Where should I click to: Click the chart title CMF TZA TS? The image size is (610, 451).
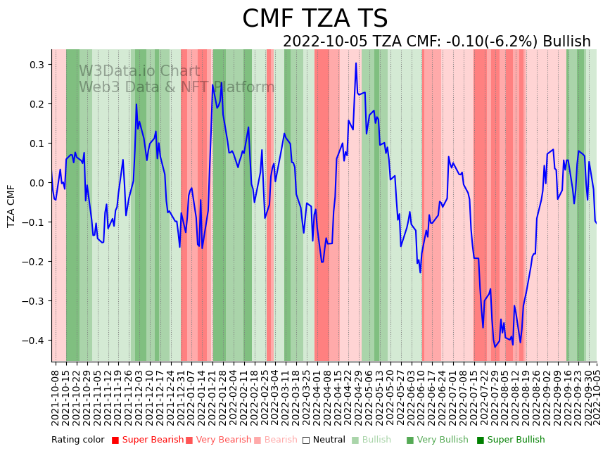click(x=314, y=19)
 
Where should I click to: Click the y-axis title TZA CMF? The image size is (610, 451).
click(x=11, y=205)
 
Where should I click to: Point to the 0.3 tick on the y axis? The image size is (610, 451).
click(x=36, y=65)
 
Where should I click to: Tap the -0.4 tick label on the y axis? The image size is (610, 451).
click(x=34, y=341)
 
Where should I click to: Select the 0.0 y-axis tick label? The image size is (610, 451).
click(x=36, y=183)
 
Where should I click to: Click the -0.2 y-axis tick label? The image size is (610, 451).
click(x=34, y=262)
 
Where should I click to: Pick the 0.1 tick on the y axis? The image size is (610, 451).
click(x=36, y=144)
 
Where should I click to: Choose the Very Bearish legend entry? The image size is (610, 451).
click(x=218, y=440)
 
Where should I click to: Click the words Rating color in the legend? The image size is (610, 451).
click(x=77, y=440)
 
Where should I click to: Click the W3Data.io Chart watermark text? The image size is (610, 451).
click(x=139, y=71)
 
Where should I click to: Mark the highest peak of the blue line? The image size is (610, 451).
click(x=356, y=63)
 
